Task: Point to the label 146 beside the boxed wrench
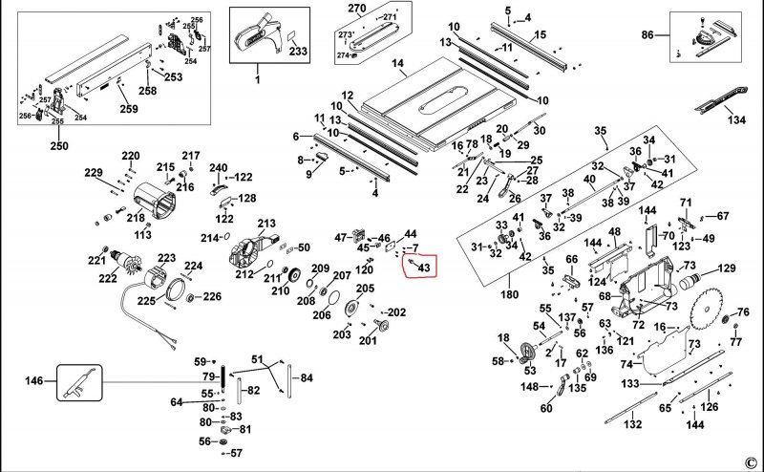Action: point(34,380)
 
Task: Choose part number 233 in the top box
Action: point(297,52)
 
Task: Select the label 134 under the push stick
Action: point(736,121)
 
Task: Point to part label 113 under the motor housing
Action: point(143,234)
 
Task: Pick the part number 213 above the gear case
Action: point(265,223)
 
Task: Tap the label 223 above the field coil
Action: point(166,258)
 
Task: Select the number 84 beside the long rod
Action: point(306,378)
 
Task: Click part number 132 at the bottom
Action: point(630,423)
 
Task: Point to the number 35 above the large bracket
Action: point(600,131)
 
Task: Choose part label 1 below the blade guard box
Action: point(256,78)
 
